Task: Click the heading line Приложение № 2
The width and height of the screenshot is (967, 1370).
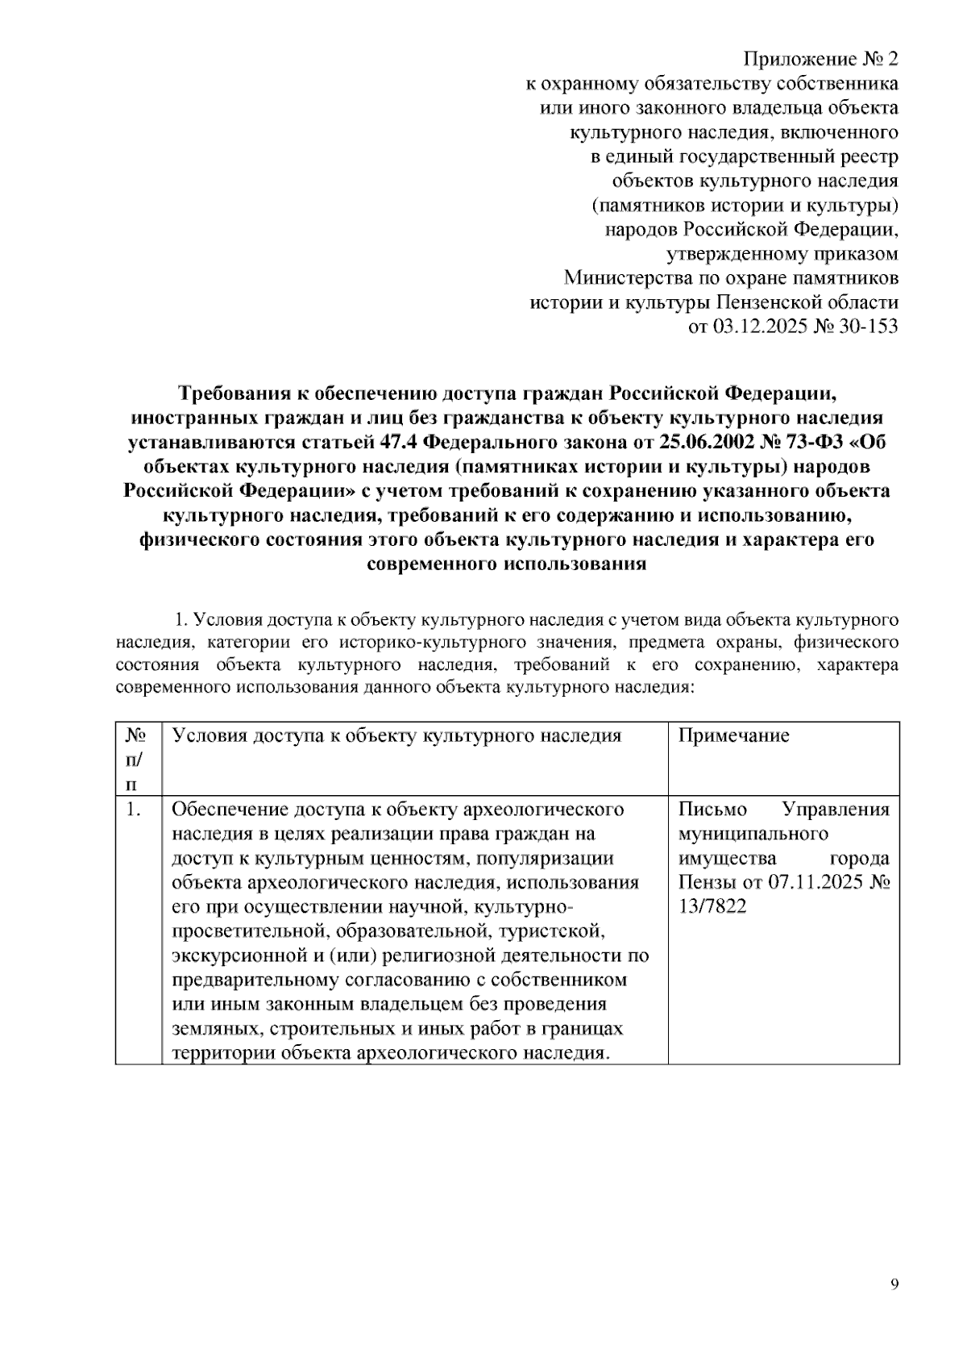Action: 820,60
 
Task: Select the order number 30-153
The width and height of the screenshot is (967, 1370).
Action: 867,327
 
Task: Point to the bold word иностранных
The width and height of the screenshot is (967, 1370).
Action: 193,418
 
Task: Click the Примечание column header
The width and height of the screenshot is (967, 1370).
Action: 733,735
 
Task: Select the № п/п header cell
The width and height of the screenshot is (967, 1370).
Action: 135,759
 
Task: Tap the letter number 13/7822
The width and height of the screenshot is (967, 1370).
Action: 712,906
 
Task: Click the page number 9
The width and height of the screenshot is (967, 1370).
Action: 894,1285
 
